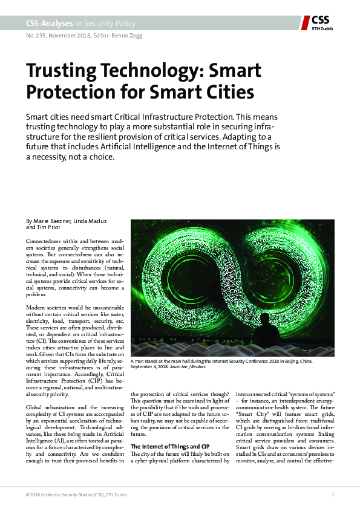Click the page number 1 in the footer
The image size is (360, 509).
(333, 494)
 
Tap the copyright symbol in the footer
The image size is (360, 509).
(28, 494)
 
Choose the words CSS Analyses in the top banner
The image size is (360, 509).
(49, 23)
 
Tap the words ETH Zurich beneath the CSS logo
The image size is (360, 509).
(321, 28)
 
